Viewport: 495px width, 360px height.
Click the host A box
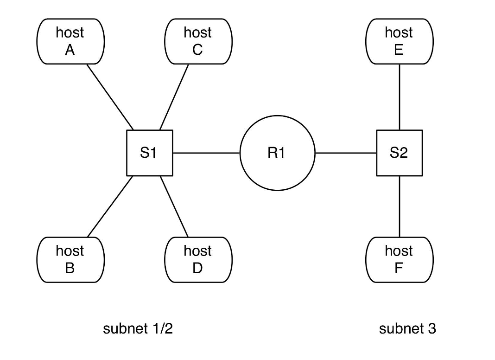[x=70, y=41]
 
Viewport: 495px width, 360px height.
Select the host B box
[x=70, y=259]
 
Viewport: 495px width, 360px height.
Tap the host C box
[x=198, y=41]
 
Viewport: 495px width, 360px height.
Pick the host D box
[x=198, y=259]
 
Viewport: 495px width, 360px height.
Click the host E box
[x=400, y=41]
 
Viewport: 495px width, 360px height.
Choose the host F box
[x=400, y=259]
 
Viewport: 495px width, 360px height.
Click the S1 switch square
[x=149, y=153]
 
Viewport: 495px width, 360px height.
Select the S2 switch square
[x=399, y=153]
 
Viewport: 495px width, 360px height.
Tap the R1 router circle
[x=277, y=153]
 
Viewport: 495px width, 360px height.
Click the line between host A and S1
[x=110, y=97]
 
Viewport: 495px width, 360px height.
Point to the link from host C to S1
[x=174, y=97]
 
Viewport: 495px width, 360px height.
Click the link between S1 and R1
[x=206, y=153]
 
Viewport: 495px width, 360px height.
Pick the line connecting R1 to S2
[x=345, y=153]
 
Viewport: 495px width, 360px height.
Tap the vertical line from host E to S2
[x=400, y=97]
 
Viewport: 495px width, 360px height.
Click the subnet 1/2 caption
[x=138, y=329]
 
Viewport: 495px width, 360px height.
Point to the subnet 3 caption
[x=407, y=329]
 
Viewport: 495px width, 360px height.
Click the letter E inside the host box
[x=399, y=50]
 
